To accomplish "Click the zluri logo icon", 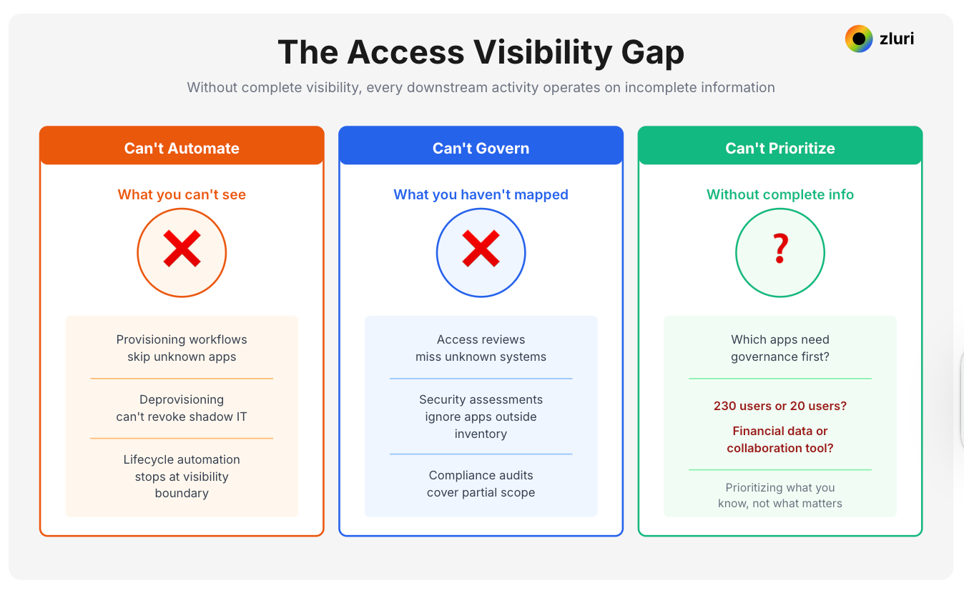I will point(859,39).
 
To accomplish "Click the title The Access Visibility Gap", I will point(481,53).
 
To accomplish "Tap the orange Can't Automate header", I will point(182,148).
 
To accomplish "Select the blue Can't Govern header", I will point(481,148).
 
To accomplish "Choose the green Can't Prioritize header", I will point(780,148).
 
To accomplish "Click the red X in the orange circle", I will point(182,252).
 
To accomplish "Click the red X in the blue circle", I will point(481,252).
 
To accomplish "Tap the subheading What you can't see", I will point(182,194).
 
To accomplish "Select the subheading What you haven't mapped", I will point(481,194).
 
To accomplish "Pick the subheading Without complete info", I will point(780,194).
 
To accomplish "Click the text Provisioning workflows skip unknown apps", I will point(182,348).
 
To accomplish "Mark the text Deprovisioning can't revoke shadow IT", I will point(182,408).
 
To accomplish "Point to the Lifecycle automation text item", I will point(182,476).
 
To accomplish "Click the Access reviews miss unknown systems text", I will point(481,348).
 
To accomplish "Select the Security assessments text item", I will point(481,417).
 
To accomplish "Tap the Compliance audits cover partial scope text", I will point(481,484).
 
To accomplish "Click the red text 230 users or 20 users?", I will point(780,406).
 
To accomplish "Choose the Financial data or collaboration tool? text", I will point(780,439).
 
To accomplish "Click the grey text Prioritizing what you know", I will point(780,495).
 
